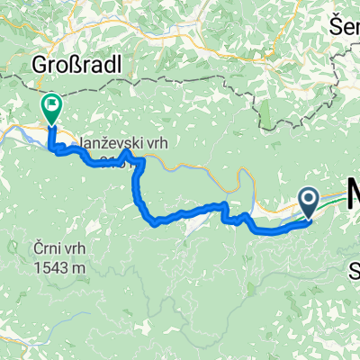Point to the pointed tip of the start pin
click(x=308, y=218)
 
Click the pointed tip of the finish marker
click(x=50, y=123)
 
